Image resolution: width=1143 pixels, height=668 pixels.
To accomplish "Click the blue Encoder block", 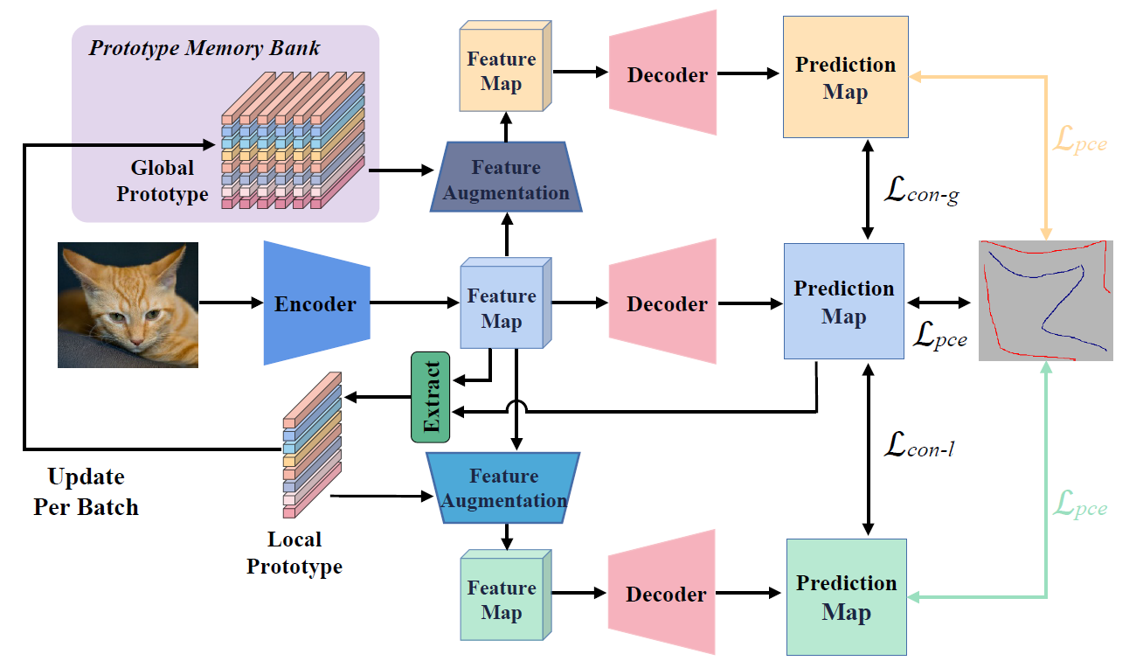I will click(316, 303).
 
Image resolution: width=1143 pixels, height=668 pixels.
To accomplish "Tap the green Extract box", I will click(430, 397).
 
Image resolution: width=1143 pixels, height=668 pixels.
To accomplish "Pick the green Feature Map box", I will click(502, 600).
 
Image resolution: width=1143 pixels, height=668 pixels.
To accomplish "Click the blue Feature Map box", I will click(502, 308).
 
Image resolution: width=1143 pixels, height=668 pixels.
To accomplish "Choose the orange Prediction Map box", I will click(844, 79).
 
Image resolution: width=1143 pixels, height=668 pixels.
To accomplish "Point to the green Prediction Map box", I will click(846, 597).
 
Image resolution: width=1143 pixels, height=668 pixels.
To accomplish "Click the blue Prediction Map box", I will click(843, 302).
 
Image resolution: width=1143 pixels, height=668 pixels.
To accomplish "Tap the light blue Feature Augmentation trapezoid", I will click(505, 488).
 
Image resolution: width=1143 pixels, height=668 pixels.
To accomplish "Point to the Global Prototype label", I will click(163, 180).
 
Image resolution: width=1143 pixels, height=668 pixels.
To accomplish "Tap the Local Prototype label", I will click(294, 553).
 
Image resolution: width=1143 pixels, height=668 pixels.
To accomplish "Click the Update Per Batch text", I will click(86, 492).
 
